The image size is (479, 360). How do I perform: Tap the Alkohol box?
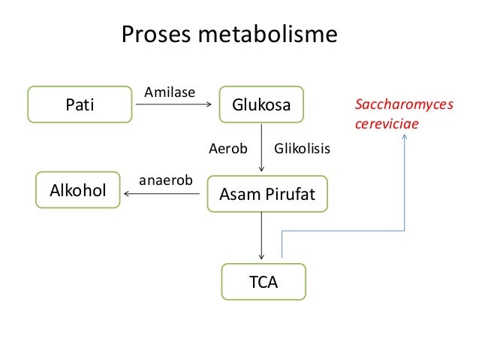(x=78, y=191)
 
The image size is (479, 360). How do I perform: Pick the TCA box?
(x=263, y=282)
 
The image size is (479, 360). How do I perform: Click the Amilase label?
(x=169, y=92)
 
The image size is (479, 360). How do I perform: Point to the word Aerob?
(x=227, y=149)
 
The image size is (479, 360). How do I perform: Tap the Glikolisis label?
(x=303, y=149)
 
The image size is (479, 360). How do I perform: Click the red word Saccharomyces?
(x=403, y=106)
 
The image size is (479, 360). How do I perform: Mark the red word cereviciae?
(x=385, y=124)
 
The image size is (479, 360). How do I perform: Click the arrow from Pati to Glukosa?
(x=173, y=106)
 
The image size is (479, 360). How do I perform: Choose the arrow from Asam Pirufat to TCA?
(x=261, y=236)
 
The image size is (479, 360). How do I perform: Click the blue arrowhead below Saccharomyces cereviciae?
(x=405, y=140)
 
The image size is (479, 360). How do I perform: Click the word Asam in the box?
(x=235, y=194)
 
